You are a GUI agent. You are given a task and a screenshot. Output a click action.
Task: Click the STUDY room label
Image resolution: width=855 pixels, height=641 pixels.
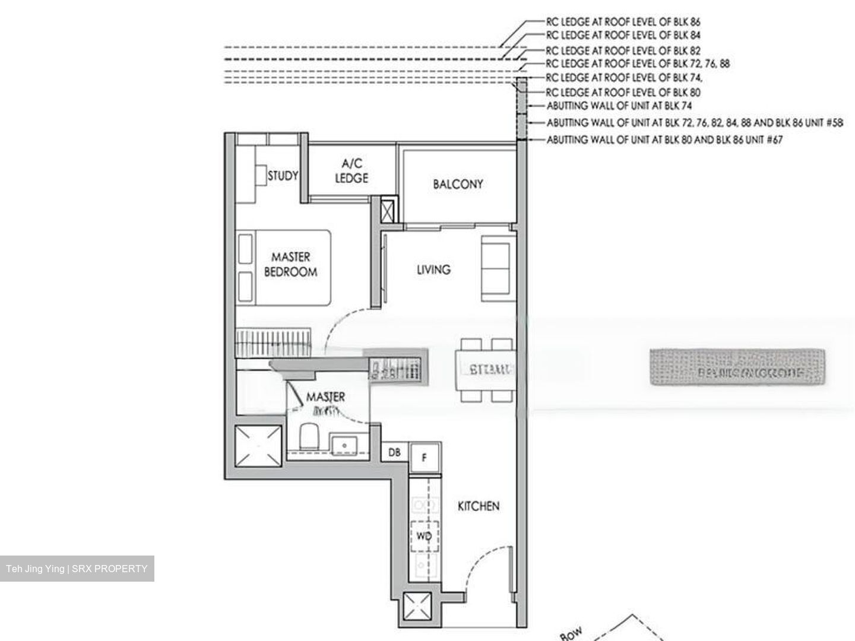[x=283, y=176]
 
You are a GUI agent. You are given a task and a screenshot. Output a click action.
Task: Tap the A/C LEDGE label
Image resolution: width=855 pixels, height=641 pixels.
[x=351, y=171]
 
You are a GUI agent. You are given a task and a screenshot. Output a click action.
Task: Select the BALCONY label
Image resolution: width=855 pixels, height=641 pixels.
[x=458, y=184]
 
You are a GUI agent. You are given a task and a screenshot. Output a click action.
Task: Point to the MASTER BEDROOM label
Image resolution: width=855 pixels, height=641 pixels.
[x=290, y=265]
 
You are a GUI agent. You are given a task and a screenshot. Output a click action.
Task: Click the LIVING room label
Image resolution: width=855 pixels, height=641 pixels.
[x=433, y=269]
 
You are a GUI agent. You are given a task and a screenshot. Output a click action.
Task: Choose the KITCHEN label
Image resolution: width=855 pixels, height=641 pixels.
[x=478, y=506]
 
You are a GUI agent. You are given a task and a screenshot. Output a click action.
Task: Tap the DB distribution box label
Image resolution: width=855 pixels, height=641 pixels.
[x=394, y=453]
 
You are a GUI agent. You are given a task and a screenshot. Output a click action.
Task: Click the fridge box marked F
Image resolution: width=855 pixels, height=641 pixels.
[x=425, y=458]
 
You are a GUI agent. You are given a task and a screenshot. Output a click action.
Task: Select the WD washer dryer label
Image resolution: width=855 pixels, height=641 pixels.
[x=424, y=537]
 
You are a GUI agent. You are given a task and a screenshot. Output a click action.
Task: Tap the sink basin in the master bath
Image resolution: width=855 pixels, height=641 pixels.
[x=343, y=444]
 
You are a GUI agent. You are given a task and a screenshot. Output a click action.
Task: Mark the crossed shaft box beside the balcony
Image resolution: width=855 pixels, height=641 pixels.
[x=387, y=211]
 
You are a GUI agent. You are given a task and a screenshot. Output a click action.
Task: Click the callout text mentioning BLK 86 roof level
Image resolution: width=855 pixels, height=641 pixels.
[x=623, y=21]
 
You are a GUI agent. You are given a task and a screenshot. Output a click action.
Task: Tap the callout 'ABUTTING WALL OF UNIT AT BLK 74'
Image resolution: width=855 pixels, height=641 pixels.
[x=619, y=106]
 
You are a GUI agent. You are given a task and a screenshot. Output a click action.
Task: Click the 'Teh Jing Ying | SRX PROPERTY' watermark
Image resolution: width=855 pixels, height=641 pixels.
[x=77, y=569]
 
